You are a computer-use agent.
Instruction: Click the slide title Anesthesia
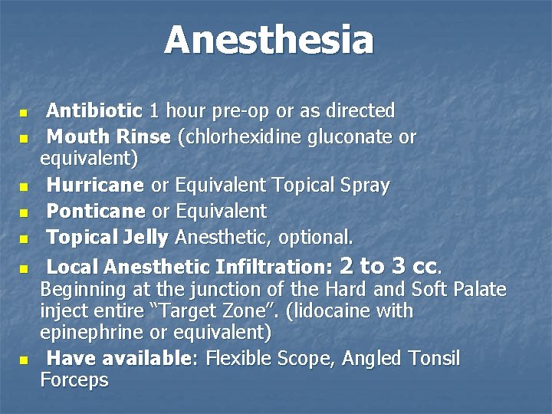point(268,40)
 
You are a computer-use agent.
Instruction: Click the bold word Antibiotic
point(94,111)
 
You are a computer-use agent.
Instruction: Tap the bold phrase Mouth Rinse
point(108,137)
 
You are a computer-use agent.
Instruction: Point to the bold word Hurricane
point(95,186)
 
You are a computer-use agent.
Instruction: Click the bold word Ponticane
point(96,211)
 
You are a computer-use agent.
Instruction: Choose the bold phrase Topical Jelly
point(107,237)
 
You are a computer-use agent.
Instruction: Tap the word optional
point(315,237)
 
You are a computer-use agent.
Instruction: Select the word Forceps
point(74,380)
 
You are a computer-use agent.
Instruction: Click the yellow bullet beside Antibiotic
point(24,113)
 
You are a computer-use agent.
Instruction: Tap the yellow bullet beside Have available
point(24,360)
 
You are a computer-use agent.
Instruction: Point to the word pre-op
point(240,111)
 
